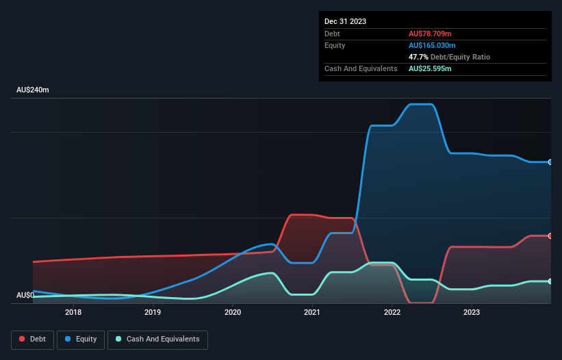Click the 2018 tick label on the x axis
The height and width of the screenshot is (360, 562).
[73, 312]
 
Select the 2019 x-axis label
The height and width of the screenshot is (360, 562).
[153, 312]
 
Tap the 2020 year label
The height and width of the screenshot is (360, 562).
[233, 312]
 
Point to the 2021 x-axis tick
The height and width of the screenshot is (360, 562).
[312, 312]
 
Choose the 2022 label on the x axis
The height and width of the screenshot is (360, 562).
[392, 312]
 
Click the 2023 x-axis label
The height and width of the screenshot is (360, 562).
[471, 312]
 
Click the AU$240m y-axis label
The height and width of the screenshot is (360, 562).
[33, 90]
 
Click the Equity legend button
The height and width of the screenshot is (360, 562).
[81, 339]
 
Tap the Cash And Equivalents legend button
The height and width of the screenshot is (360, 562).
[157, 339]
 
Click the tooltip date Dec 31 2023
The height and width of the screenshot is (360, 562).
[345, 21]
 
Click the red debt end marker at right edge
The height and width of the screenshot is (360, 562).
[550, 235]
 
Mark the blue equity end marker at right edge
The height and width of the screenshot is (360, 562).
[550, 162]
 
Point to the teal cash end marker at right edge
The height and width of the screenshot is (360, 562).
[550, 281]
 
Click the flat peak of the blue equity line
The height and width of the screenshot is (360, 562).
[420, 105]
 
